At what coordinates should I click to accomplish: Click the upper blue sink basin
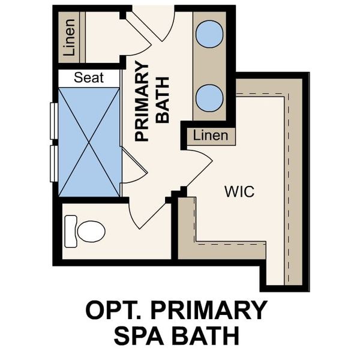pos(209,34)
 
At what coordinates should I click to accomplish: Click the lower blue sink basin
pos(209,98)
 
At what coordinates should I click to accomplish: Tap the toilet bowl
pos(91,232)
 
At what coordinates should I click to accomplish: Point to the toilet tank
pos(70,232)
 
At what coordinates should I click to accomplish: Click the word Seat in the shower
pos(89,77)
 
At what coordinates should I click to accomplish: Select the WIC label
pos(239,192)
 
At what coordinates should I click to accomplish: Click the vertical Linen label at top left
pos(69,37)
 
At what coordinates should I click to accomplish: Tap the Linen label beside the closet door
pos(211,136)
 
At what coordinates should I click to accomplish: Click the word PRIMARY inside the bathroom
pos(142,101)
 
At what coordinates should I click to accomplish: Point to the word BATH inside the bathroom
pos(163,100)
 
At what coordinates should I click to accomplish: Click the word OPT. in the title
pos(112,310)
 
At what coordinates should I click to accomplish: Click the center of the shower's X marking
pos(89,142)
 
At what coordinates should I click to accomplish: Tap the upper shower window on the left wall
pos(54,121)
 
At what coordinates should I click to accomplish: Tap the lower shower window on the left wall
pos(54,163)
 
